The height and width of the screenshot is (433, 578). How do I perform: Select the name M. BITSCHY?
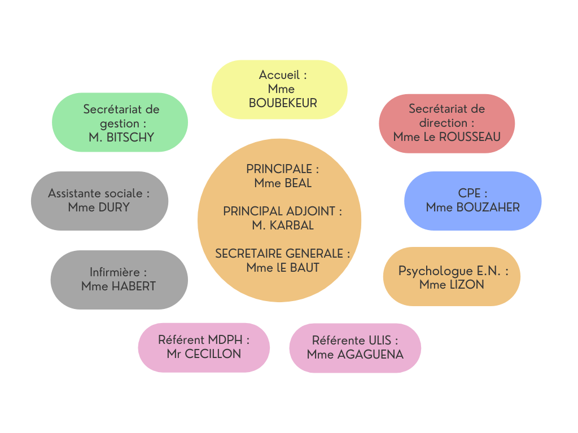[121, 137]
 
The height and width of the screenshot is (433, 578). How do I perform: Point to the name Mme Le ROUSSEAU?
[446, 137]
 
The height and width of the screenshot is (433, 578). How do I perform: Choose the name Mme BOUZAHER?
[472, 207]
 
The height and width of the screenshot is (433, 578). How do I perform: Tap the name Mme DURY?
[99, 207]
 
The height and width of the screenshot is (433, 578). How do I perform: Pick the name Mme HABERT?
[119, 286]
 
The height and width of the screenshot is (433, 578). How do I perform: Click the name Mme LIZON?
[452, 285]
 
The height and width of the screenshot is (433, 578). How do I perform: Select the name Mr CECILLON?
[204, 354]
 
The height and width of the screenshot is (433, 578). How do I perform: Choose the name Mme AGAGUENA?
[355, 355]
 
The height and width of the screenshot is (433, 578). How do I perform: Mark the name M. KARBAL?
[283, 226]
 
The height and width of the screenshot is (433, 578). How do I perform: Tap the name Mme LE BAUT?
[283, 268]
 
